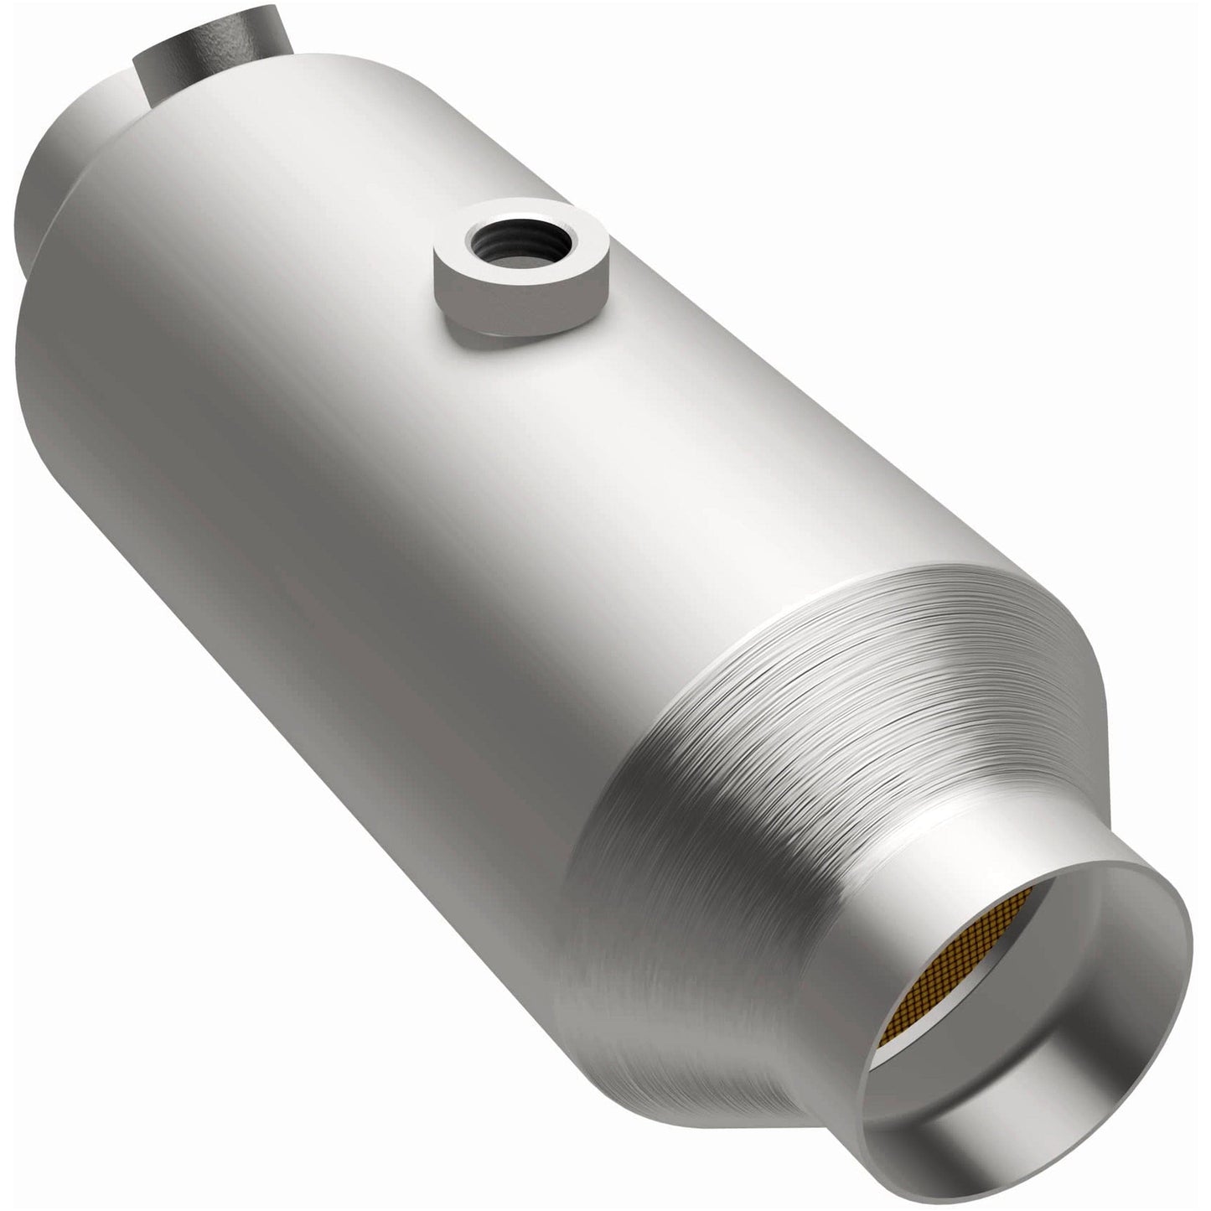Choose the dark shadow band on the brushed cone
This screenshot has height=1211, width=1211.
(637, 838)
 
